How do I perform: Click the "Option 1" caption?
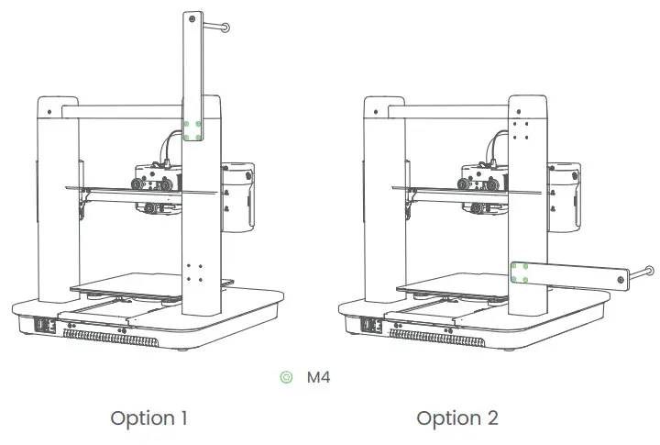tap(148, 418)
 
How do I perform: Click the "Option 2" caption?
tap(457, 418)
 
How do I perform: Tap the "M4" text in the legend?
tap(318, 377)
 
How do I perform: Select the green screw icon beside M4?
tap(287, 377)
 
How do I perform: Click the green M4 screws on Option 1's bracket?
tap(193, 129)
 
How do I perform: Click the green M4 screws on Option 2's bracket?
tap(520, 273)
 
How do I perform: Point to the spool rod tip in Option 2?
tap(649, 271)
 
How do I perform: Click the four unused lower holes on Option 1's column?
tap(193, 273)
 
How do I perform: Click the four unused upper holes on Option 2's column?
tap(520, 129)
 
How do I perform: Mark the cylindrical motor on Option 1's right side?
tap(238, 197)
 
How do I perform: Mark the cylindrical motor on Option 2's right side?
tap(565, 197)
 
